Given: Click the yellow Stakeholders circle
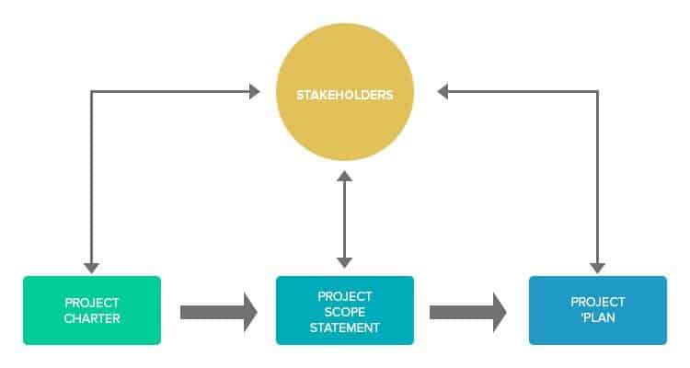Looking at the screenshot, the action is [345, 92].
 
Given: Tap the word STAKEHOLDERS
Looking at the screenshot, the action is [345, 95].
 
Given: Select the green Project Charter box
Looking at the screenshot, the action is [92, 310].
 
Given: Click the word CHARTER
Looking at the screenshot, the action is [92, 318].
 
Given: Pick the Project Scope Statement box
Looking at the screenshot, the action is [345, 310].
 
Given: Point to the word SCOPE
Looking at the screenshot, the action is [345, 312].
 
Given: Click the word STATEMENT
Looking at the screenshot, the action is [345, 328].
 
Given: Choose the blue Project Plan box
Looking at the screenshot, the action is [598, 310].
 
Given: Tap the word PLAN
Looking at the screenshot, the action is [598, 317].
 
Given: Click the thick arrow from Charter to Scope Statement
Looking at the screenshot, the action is [219, 313].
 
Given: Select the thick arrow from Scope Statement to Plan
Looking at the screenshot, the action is [467, 313].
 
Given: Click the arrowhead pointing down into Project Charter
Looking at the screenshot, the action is [91, 268].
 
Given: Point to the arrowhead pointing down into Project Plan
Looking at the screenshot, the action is [597, 268].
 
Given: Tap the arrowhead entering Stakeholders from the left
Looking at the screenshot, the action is [255, 92].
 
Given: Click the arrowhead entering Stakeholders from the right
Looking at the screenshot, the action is [443, 92].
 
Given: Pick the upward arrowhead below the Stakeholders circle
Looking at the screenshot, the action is [345, 176].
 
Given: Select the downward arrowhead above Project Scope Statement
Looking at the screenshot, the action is [345, 263].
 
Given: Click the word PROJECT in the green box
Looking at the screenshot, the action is [92, 303].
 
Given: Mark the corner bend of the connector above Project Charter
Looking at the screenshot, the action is [91, 92].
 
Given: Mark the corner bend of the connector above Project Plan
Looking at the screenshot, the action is [597, 92].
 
